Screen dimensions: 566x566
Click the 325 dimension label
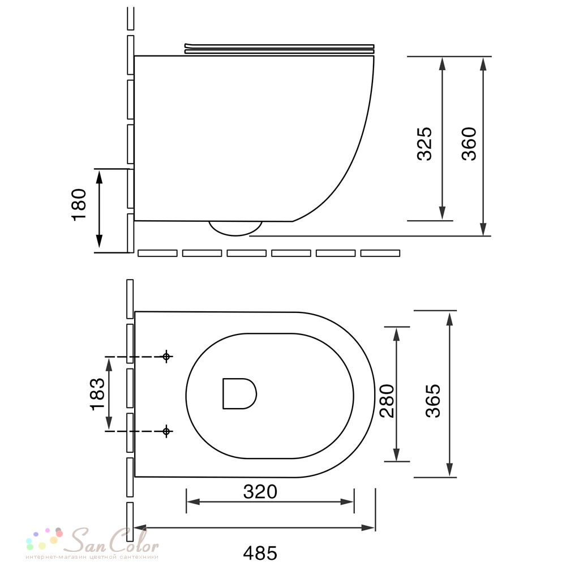point(424,143)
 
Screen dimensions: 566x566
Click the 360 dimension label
point(469,143)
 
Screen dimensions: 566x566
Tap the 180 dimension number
point(79,204)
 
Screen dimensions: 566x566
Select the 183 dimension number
point(97,394)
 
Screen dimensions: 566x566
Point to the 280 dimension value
point(387,401)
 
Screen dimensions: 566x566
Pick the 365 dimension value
point(433,401)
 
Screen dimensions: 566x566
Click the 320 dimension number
point(260,492)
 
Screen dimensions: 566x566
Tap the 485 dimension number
point(260,552)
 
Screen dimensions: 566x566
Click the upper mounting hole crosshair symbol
point(166,357)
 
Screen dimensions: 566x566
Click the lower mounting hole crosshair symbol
point(166,431)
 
